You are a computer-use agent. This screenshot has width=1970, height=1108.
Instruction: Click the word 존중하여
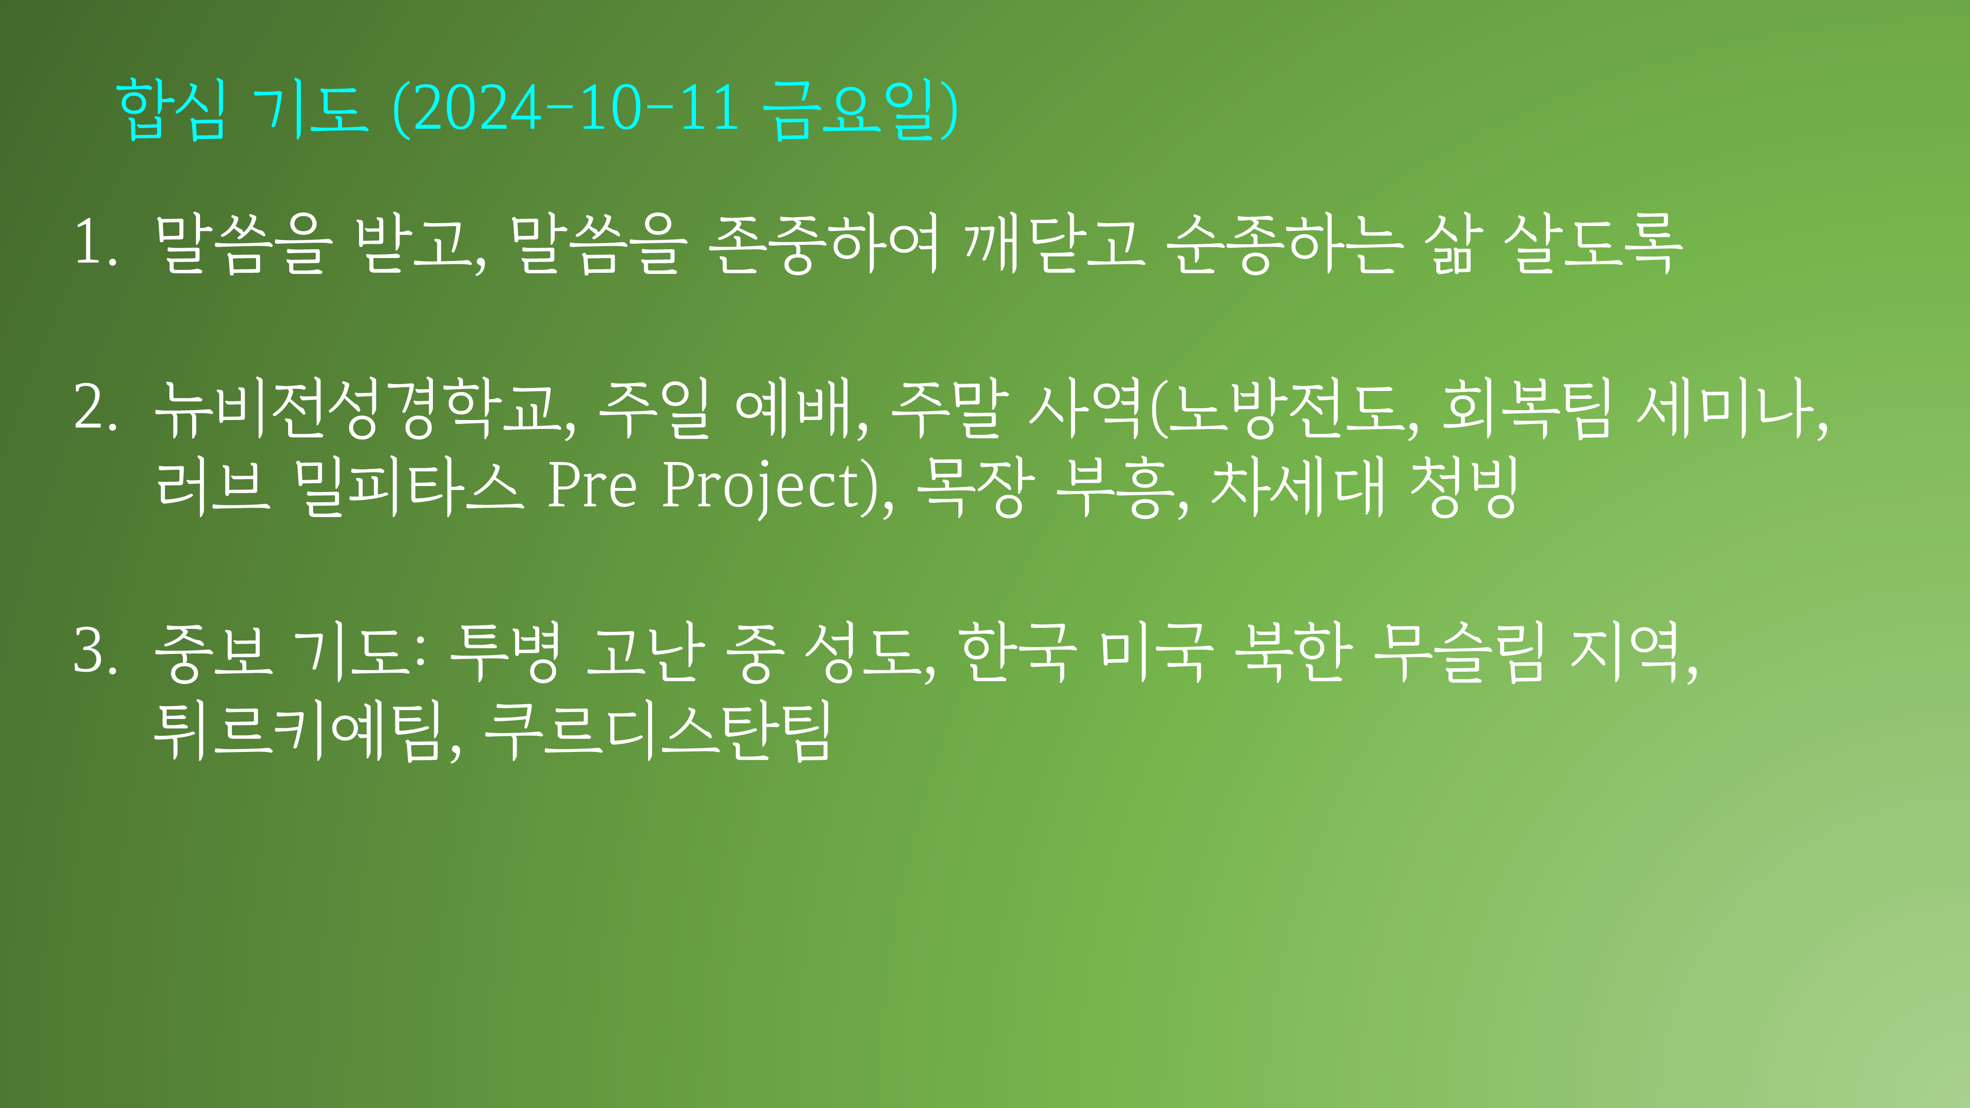coord(823,243)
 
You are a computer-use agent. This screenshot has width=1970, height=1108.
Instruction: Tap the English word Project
coord(762,487)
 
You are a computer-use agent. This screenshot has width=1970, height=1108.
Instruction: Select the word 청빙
coord(1462,487)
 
